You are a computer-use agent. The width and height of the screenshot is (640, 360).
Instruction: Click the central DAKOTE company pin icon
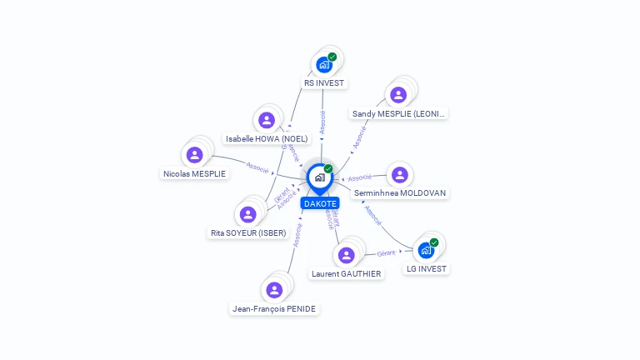coord(319,177)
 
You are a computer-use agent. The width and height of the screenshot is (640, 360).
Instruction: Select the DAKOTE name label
coord(320,203)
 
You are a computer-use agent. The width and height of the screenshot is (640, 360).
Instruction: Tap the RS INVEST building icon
coord(324,64)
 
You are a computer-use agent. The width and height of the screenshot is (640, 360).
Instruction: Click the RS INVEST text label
coord(324,83)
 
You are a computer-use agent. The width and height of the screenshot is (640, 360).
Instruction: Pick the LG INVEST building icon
coord(426,249)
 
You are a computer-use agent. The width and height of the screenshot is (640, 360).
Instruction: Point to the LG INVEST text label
coord(427,269)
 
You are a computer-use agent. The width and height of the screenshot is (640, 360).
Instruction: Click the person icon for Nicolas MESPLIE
coord(194,155)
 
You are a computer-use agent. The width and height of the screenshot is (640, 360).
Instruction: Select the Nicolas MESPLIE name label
coord(194,174)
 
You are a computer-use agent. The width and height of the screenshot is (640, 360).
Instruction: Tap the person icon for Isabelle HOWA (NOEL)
coord(267,120)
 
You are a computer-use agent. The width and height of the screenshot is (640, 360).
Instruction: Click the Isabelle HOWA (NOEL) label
coord(267,139)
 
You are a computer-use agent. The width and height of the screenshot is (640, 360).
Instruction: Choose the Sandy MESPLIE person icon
coord(398,94)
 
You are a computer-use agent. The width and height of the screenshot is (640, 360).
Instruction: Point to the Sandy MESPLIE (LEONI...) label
coord(399,113)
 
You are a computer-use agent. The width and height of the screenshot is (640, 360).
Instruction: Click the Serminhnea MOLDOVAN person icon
coord(400,174)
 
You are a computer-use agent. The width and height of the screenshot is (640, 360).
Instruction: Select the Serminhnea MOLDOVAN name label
coord(400,193)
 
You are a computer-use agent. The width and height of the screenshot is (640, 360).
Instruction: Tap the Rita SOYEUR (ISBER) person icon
coord(247,214)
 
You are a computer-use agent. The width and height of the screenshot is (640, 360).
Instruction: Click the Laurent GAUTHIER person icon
coord(346,254)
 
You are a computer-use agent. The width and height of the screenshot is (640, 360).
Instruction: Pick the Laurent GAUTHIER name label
coord(346,273)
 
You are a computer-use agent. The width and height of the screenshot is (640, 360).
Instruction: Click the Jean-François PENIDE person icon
coord(274,290)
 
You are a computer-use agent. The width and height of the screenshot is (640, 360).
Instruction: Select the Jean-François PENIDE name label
coord(274,309)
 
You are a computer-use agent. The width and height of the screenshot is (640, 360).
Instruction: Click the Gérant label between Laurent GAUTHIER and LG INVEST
coord(386,252)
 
